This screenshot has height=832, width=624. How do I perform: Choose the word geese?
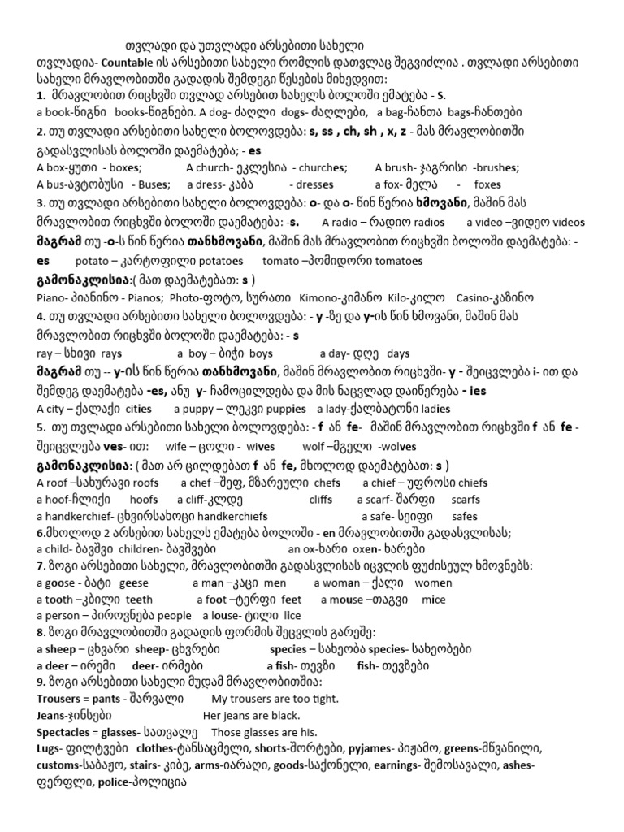[x=135, y=583]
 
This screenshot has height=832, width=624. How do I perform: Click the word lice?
[x=292, y=615]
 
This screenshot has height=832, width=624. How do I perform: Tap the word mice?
[x=434, y=599]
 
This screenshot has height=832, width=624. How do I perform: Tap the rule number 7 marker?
[x=41, y=565]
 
